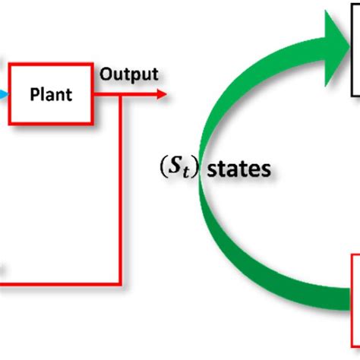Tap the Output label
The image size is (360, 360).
(129, 74)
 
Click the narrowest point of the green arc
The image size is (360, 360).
(199, 171)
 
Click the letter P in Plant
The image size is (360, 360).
(33, 95)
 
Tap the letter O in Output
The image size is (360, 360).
(106, 74)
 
